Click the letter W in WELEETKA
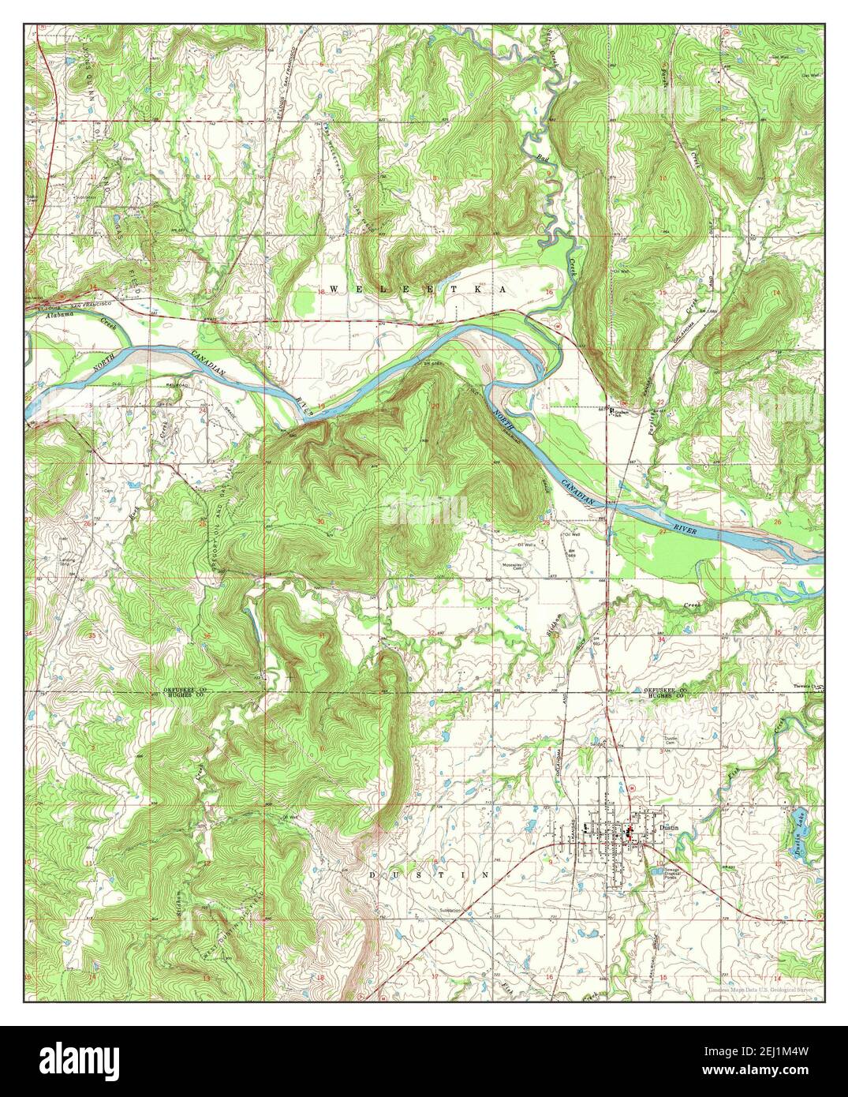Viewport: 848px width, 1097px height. [x=331, y=290]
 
